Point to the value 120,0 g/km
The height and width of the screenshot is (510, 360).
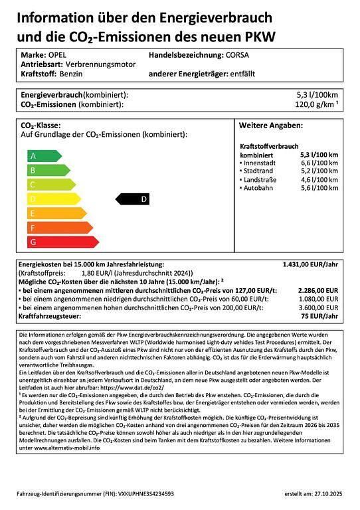click(315, 104)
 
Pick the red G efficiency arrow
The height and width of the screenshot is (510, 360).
click(61, 242)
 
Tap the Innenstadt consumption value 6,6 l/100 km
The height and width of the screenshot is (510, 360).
click(319, 163)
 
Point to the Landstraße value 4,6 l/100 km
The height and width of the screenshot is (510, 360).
click(319, 180)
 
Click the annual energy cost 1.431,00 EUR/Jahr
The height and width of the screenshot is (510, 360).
click(310, 264)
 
